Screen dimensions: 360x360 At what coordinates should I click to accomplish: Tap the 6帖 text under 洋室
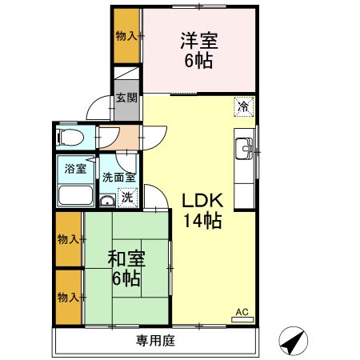pos(198,61)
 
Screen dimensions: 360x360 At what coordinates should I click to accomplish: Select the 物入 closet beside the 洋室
pos(126,35)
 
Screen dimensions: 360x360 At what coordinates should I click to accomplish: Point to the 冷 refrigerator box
pos(243,105)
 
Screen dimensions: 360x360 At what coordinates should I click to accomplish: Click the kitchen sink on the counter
pos(243,148)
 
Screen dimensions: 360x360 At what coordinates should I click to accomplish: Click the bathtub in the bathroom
pos(75,196)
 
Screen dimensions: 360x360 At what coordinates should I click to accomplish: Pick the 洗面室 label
pos(118,178)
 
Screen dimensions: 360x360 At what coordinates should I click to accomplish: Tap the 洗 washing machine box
pos(126,196)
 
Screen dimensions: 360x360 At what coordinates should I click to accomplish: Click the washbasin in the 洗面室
pos(107,200)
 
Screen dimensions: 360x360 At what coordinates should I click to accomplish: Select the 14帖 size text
pos(200,222)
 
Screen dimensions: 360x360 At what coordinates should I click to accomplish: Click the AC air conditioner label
pos(241,313)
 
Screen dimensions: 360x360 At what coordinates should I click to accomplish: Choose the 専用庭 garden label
pos(155,341)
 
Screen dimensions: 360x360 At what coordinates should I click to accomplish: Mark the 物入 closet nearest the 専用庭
pos(68,297)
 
